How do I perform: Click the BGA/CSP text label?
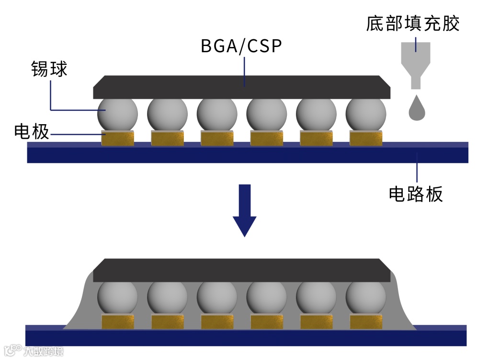click(x=241, y=47)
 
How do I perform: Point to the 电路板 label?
click(x=415, y=194)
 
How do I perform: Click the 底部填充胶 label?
click(x=413, y=23)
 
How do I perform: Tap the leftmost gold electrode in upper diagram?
click(x=118, y=139)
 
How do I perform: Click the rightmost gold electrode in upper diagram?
click(x=366, y=139)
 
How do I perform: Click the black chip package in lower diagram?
click(x=241, y=270)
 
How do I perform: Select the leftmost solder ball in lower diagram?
click(x=117, y=296)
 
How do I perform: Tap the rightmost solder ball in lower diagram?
click(x=365, y=296)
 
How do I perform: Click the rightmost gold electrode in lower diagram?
click(x=366, y=322)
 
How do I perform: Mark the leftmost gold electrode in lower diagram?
click(x=118, y=322)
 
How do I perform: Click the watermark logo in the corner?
click(x=34, y=350)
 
